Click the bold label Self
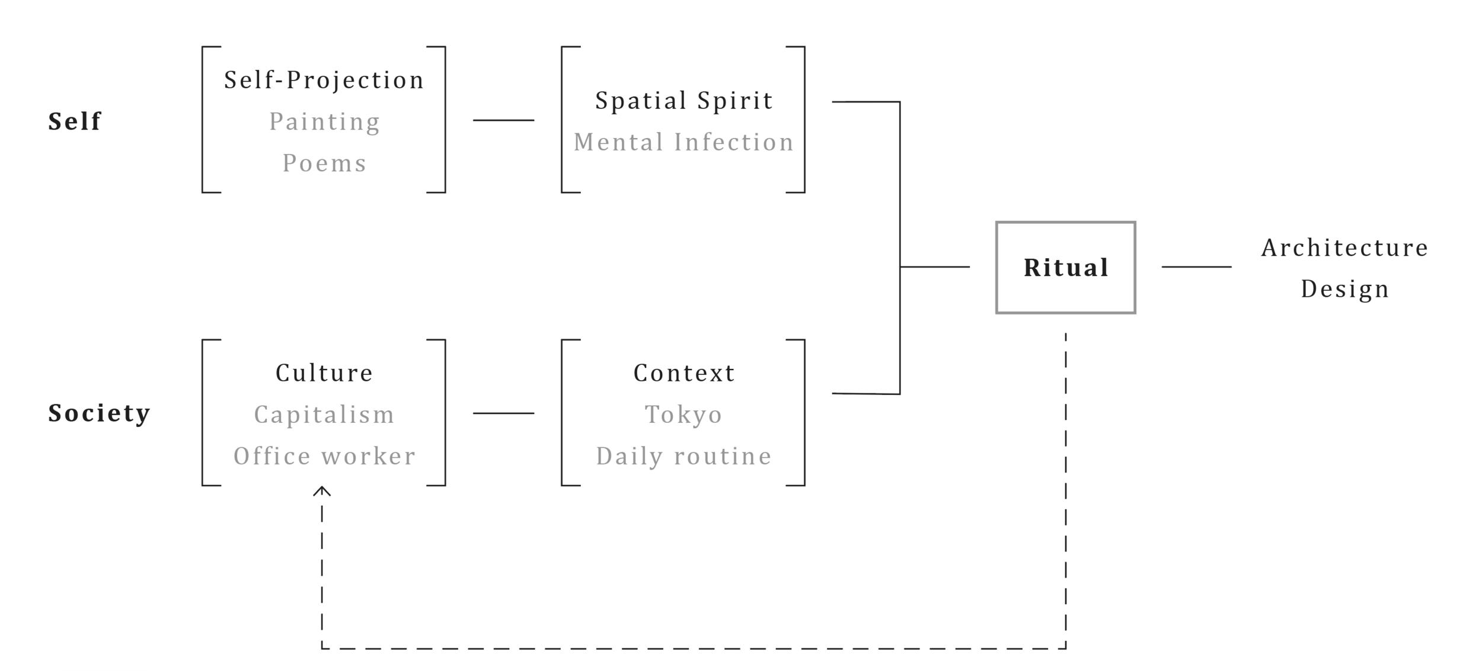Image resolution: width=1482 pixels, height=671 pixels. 75,121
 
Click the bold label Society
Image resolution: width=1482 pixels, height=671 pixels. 99,413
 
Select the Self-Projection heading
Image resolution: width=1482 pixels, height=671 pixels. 324,81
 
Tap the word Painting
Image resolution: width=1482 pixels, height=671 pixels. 324,122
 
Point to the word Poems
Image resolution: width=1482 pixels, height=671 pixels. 324,163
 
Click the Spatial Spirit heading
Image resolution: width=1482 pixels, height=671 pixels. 683,101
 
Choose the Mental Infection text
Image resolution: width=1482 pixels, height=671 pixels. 683,142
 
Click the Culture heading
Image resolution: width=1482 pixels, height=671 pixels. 324,373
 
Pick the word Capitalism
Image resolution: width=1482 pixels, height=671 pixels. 324,415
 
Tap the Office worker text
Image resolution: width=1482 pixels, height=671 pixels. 324,456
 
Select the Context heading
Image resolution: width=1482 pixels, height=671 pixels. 684,373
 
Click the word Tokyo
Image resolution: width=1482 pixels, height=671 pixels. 683,415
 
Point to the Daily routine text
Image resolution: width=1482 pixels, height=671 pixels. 683,456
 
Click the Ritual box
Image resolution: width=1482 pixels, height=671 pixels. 1065,268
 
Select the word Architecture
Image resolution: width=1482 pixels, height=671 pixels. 1344,248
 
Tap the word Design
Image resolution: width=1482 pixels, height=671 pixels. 1344,289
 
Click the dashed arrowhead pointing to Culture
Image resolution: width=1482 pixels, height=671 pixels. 322,490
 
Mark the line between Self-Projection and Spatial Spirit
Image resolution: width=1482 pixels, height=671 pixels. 503,120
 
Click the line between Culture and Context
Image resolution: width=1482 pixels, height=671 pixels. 503,413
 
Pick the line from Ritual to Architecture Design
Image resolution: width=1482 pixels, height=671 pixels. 1196,267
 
